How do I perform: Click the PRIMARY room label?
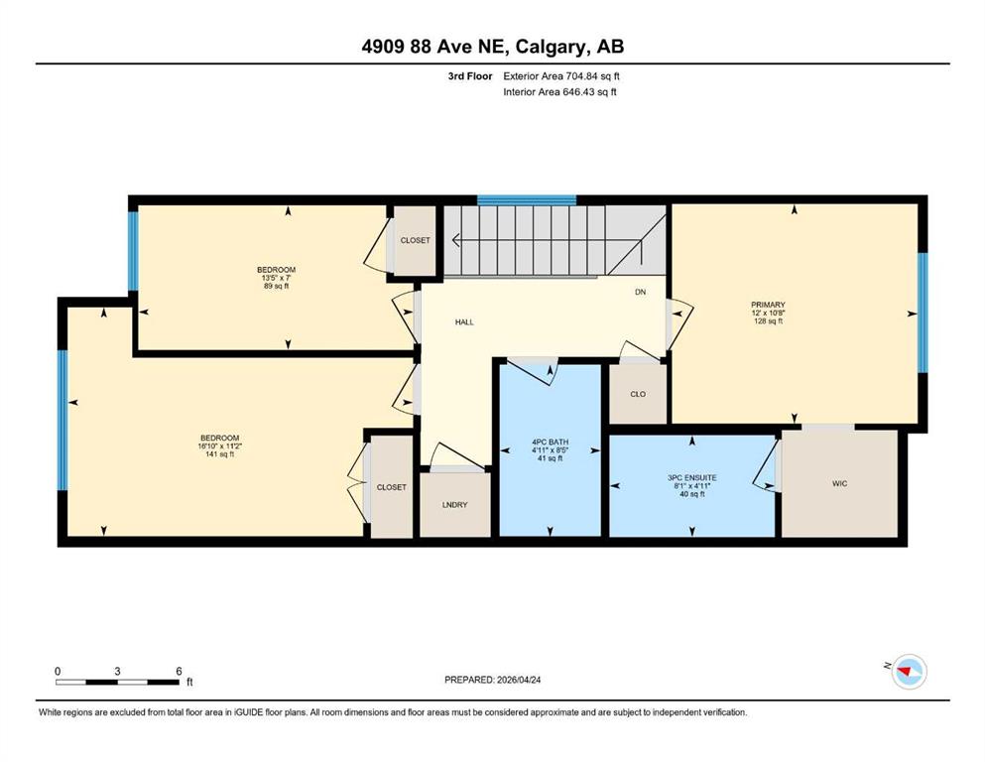768,305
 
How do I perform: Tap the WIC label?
839,484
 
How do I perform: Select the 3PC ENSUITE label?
691,478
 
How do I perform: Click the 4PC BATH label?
550,443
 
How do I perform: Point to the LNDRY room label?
455,505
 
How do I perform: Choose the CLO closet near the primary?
638,395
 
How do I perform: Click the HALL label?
464,322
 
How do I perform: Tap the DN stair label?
640,292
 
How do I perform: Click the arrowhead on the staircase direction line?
455,240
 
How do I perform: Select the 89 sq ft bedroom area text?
276,287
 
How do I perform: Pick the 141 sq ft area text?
220,454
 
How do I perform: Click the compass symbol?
910,672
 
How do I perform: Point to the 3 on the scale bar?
117,671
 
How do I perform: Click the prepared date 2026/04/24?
519,680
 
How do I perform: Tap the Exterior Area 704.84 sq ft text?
561,76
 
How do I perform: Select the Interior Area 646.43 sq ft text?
559,91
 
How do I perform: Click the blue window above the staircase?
527,200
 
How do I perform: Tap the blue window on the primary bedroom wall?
923,313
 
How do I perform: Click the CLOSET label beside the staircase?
416,240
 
